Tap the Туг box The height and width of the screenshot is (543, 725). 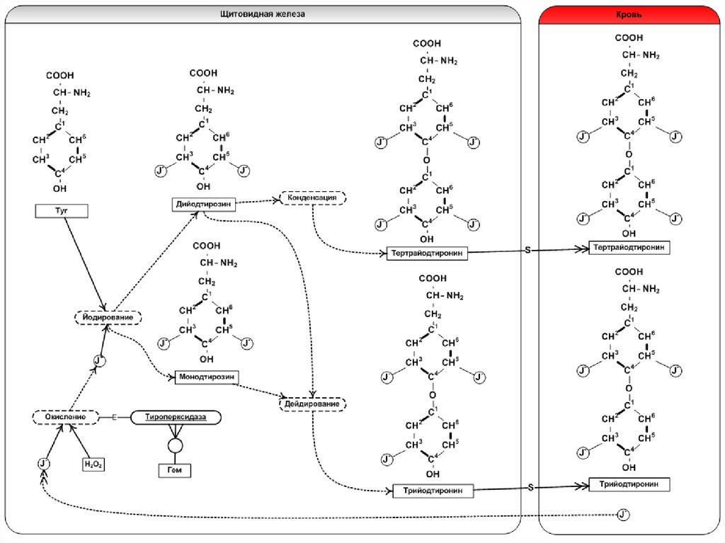point(61,210)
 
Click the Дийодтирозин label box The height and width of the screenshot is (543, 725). point(202,204)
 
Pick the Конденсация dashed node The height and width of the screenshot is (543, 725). point(313,198)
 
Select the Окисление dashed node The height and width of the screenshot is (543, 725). point(63,418)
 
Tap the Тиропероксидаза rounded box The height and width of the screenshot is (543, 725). point(176,418)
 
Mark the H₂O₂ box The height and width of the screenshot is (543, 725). point(93,464)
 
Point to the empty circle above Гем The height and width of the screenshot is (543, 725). point(174,445)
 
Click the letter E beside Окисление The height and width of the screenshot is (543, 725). point(113,418)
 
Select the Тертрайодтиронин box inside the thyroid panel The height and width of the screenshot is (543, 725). point(427,253)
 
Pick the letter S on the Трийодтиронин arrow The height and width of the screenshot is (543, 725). point(530,487)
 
